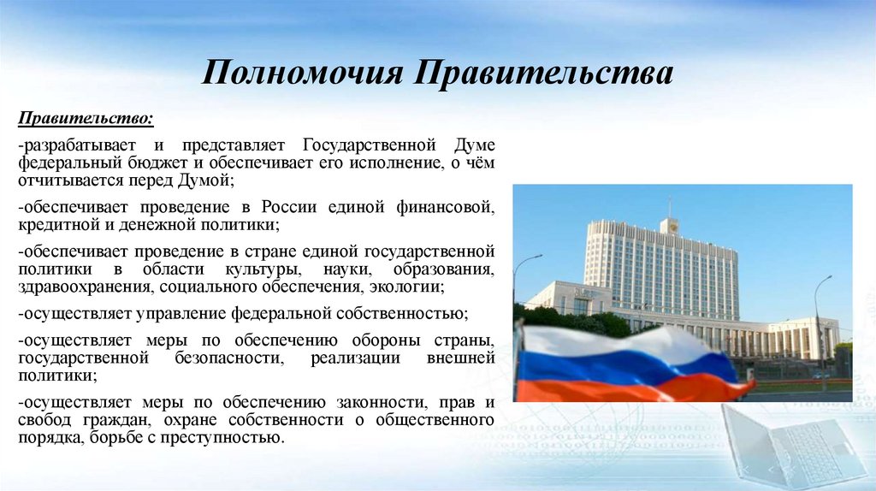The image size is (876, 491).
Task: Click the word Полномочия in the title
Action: (x=302, y=73)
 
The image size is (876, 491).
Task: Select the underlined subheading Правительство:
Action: (x=87, y=116)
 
